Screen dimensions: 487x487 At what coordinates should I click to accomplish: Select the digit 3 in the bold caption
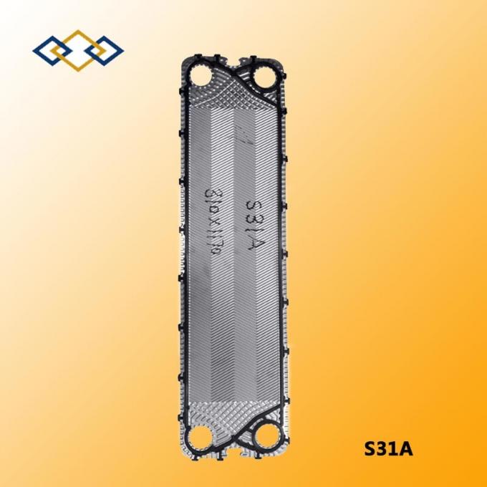point(382,450)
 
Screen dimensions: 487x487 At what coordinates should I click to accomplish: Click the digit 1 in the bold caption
point(394,450)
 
